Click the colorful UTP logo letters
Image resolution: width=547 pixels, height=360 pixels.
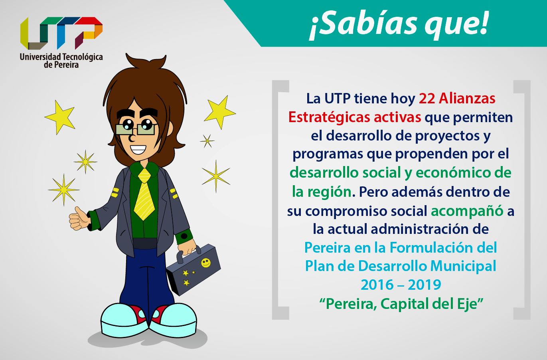click(x=61, y=33)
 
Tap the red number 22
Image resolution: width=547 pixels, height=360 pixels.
click(x=427, y=99)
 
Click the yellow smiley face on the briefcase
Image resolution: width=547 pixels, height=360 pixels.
click(x=205, y=263)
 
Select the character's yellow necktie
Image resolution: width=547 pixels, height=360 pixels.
click(x=144, y=194)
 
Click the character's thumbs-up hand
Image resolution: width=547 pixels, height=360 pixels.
click(x=79, y=219)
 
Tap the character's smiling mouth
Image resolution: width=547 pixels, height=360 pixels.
click(x=138, y=149)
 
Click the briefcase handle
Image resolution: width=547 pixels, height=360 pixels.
click(x=188, y=254)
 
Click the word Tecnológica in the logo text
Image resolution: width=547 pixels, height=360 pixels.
click(x=83, y=57)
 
